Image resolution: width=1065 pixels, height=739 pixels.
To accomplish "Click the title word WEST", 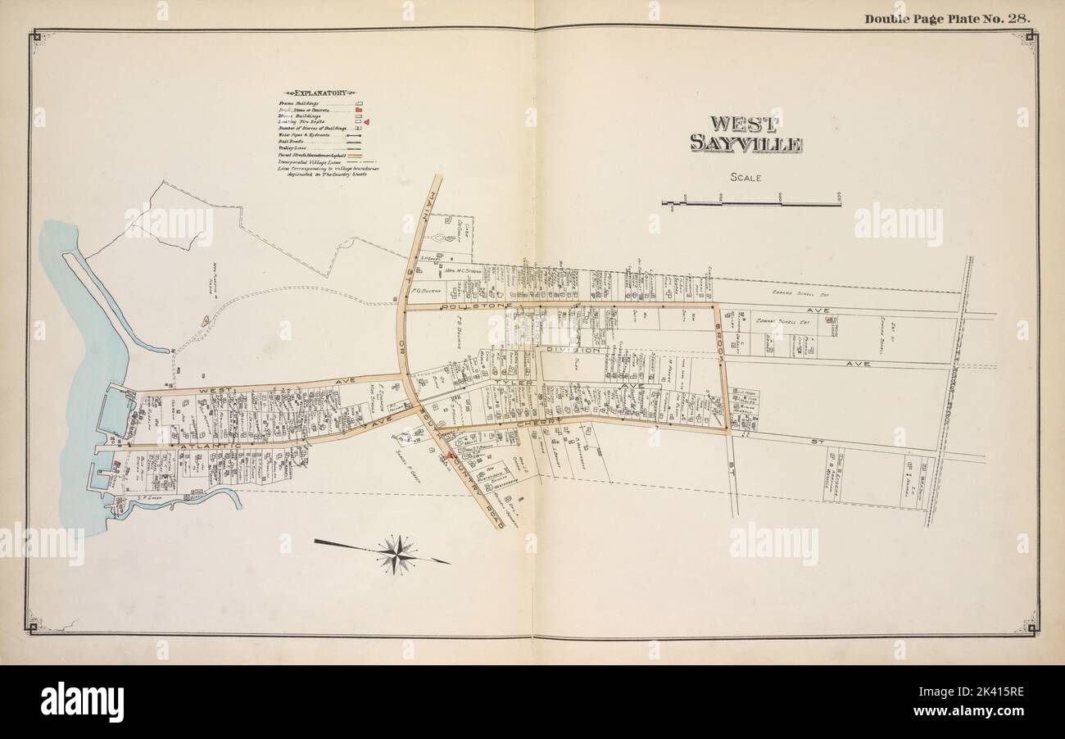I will tap(745, 124).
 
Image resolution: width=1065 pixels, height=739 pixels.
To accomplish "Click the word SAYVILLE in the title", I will tap(745, 144).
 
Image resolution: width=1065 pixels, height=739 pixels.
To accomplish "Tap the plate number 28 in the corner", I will tap(1018, 18).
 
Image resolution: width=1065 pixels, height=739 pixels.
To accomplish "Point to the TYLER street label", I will tap(514, 383).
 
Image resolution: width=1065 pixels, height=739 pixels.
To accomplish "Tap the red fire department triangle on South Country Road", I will tap(450, 455).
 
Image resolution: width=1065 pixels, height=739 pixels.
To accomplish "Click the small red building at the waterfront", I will tap(116, 465).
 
